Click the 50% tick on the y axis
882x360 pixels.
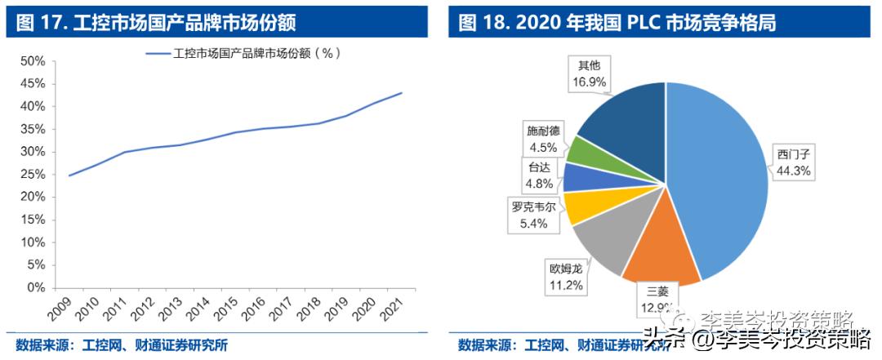point(32,61)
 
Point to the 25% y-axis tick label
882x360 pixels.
point(32,174)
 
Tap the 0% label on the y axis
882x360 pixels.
point(35,287)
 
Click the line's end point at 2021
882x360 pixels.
point(402,92)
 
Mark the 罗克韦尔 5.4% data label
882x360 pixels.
point(534,215)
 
